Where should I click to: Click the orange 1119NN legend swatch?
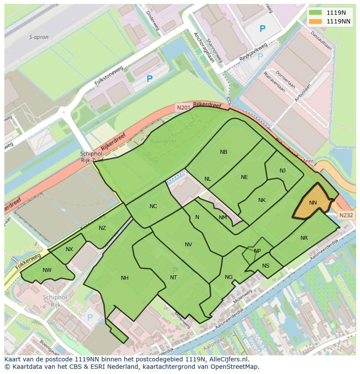click(x=316, y=21)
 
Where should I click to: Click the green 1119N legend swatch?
click(x=316, y=13)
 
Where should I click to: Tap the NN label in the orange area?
click(x=313, y=203)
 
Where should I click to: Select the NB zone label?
click(x=223, y=152)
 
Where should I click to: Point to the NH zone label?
click(x=125, y=278)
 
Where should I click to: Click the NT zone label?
click(x=173, y=278)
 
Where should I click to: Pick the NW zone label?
click(x=47, y=270)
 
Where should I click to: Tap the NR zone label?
click(x=304, y=238)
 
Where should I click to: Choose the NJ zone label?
click(x=283, y=171)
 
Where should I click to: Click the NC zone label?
click(x=153, y=206)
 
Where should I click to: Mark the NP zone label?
click(x=257, y=251)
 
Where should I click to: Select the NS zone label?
click(x=266, y=266)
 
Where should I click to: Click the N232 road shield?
click(x=346, y=215)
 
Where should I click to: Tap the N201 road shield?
click(x=183, y=107)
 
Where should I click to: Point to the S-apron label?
click(x=38, y=37)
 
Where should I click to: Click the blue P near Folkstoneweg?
click(x=150, y=79)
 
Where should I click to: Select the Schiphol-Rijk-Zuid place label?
click(x=91, y=157)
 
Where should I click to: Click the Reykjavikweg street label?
click(x=253, y=52)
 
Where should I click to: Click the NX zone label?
click(x=70, y=249)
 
